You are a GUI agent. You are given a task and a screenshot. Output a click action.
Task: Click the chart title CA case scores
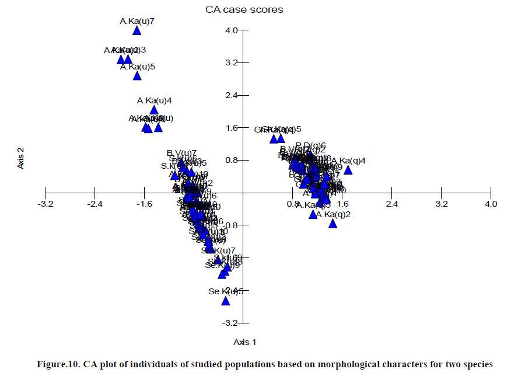pos(244,9)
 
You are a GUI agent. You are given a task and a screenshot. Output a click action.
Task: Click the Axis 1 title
pos(244,342)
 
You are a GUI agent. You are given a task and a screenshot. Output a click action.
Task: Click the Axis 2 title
pos(21,158)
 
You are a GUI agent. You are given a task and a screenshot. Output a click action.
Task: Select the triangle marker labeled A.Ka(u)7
pos(137,31)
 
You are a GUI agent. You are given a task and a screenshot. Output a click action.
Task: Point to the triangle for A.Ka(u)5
pos(137,76)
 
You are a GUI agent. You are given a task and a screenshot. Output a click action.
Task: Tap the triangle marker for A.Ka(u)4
pos(154,110)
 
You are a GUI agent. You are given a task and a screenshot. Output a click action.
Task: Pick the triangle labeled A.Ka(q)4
pos(348,170)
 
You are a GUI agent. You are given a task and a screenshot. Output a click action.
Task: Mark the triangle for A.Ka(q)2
pos(333,223)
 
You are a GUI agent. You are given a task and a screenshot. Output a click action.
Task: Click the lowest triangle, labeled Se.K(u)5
pos(226,301)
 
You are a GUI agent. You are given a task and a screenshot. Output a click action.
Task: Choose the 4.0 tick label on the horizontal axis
pos(491,204)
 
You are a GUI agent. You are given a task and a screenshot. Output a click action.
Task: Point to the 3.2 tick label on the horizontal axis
pos(442,204)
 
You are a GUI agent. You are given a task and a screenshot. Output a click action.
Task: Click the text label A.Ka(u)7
pos(137,22)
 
